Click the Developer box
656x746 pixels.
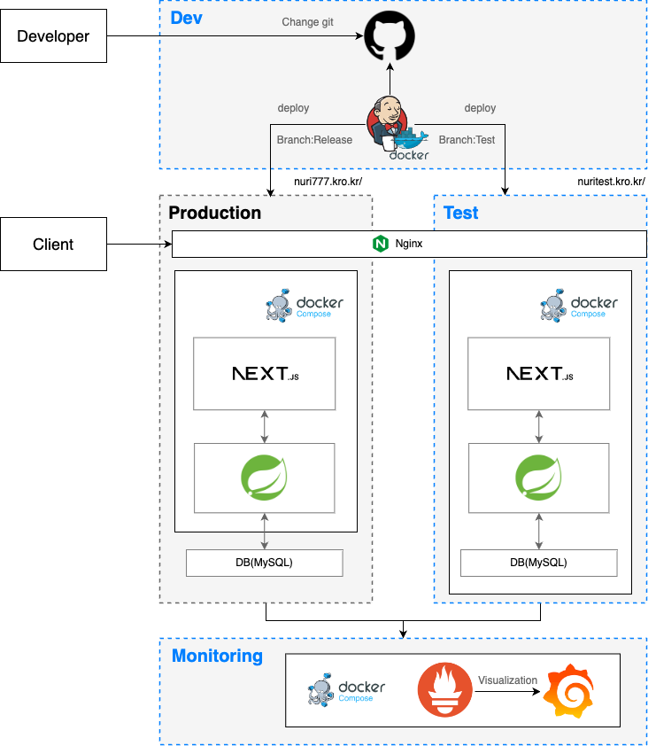pyautogui.click(x=53, y=36)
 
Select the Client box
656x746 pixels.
pyautogui.click(x=53, y=245)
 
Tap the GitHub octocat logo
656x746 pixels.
pyautogui.click(x=390, y=37)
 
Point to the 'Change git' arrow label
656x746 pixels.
pyautogui.click(x=307, y=22)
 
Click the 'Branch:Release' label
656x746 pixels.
pyautogui.click(x=315, y=140)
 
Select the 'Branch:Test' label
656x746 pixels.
pyautogui.click(x=467, y=140)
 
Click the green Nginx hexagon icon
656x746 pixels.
pyautogui.click(x=381, y=244)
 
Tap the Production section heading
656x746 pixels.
pyautogui.click(x=215, y=213)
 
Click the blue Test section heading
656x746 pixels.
pyautogui.click(x=460, y=213)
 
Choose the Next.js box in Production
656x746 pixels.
pyautogui.click(x=265, y=374)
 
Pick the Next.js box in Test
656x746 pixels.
pyautogui.click(x=539, y=374)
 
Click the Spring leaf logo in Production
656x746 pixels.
pyautogui.click(x=264, y=478)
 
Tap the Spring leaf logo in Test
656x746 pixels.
pyautogui.click(x=538, y=478)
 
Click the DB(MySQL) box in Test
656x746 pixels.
pyautogui.click(x=538, y=563)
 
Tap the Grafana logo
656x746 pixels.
pyautogui.click(x=568, y=691)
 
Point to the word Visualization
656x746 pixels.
pyautogui.click(x=507, y=680)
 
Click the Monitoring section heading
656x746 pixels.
pyautogui.click(x=217, y=657)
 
